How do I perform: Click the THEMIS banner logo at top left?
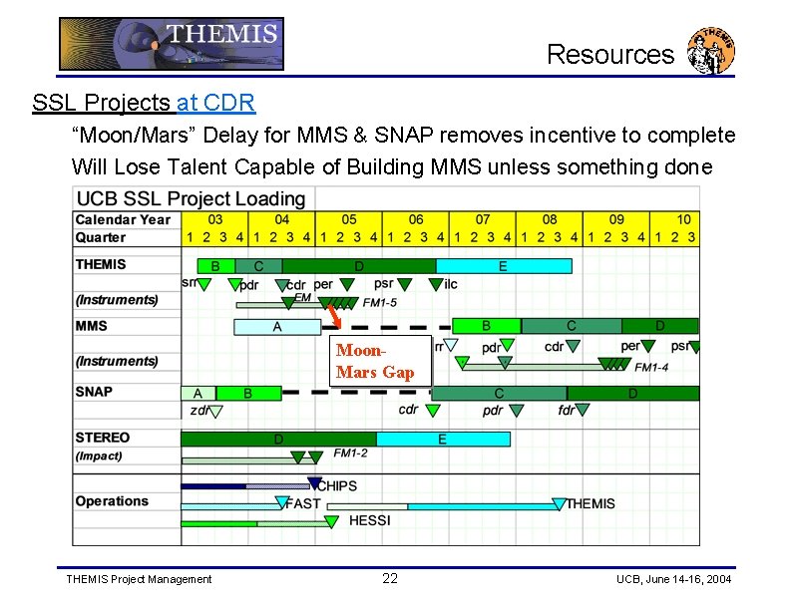pos(171,43)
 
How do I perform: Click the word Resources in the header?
pos(610,54)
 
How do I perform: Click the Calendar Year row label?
pos(123,219)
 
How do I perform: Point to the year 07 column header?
pos(483,219)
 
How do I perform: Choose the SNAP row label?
pos(94,392)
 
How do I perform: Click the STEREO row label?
pos(103,438)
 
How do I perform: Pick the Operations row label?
pos(112,501)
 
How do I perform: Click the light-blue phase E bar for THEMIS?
pos(504,266)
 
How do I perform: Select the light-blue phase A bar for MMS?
pos(277,326)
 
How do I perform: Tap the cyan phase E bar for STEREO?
pos(442,439)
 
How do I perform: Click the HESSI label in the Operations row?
pos(369,520)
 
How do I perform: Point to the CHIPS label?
pos(336,486)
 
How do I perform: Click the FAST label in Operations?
pos(303,503)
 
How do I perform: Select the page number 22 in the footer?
pos(390,578)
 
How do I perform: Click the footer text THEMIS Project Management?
pos(139,579)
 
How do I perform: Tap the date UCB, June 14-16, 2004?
pos(673,579)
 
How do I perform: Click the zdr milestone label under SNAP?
pos(199,410)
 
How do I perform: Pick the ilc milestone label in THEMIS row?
pos(451,284)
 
